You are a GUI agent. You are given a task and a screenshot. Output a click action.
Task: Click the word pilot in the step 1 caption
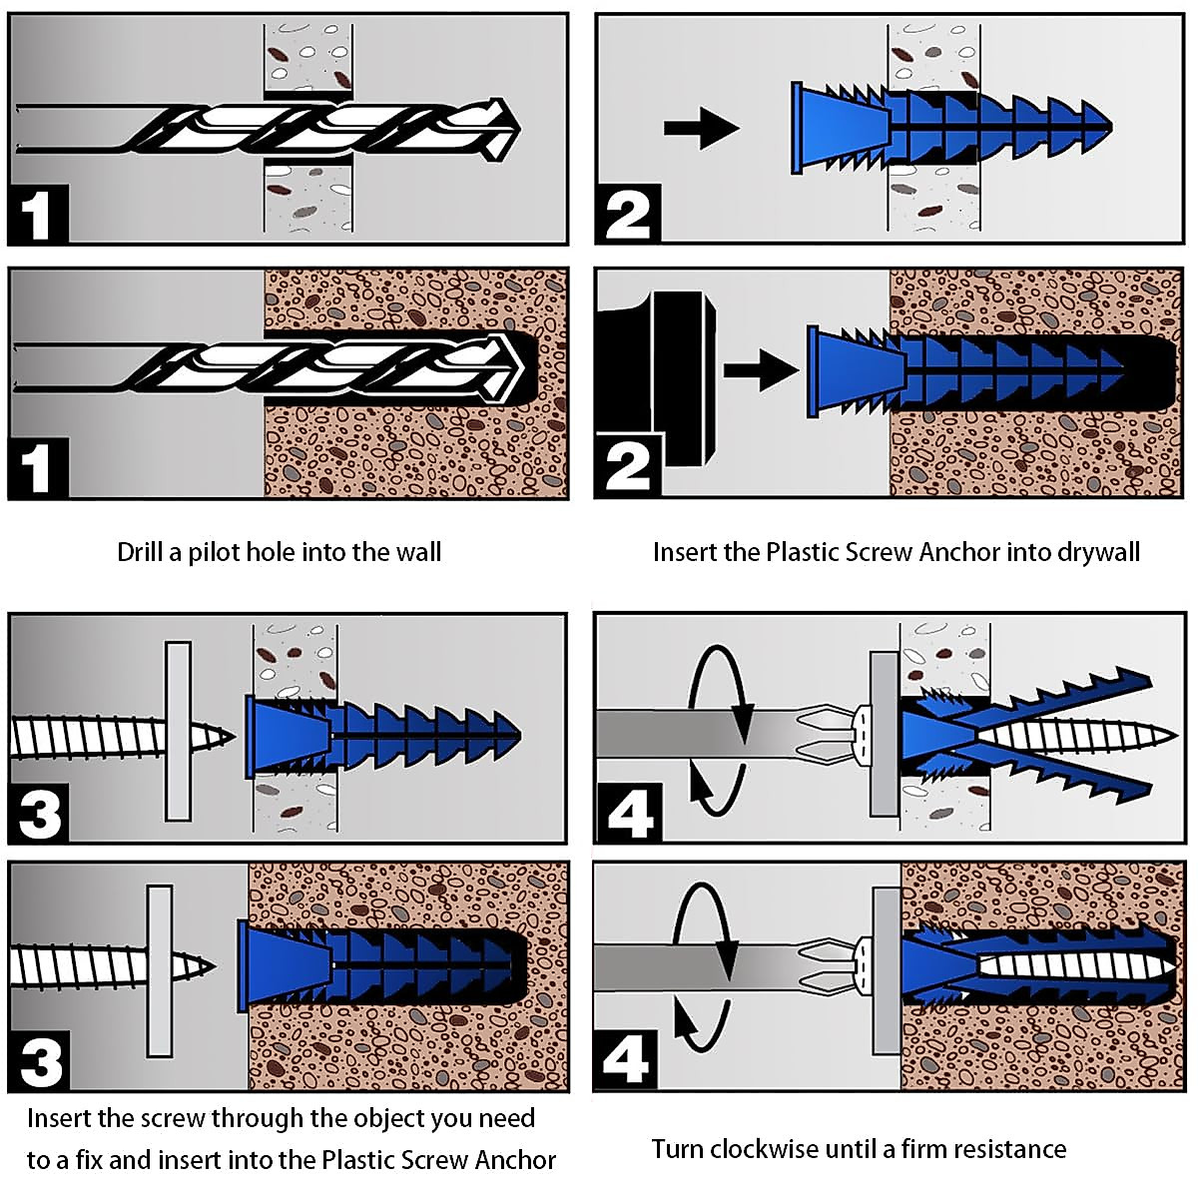coord(205,552)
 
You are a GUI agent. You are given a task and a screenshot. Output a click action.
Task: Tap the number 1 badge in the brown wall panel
coord(38,468)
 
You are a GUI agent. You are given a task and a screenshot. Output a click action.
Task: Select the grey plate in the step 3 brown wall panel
coord(160,970)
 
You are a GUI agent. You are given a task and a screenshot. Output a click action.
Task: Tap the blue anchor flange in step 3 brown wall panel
coord(243,965)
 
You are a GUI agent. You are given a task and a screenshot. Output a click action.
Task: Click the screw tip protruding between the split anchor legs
coord(1163,738)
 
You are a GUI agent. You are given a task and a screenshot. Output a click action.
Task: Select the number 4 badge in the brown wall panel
coord(627,1059)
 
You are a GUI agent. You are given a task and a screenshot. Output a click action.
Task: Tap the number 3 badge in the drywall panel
coord(39,814)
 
